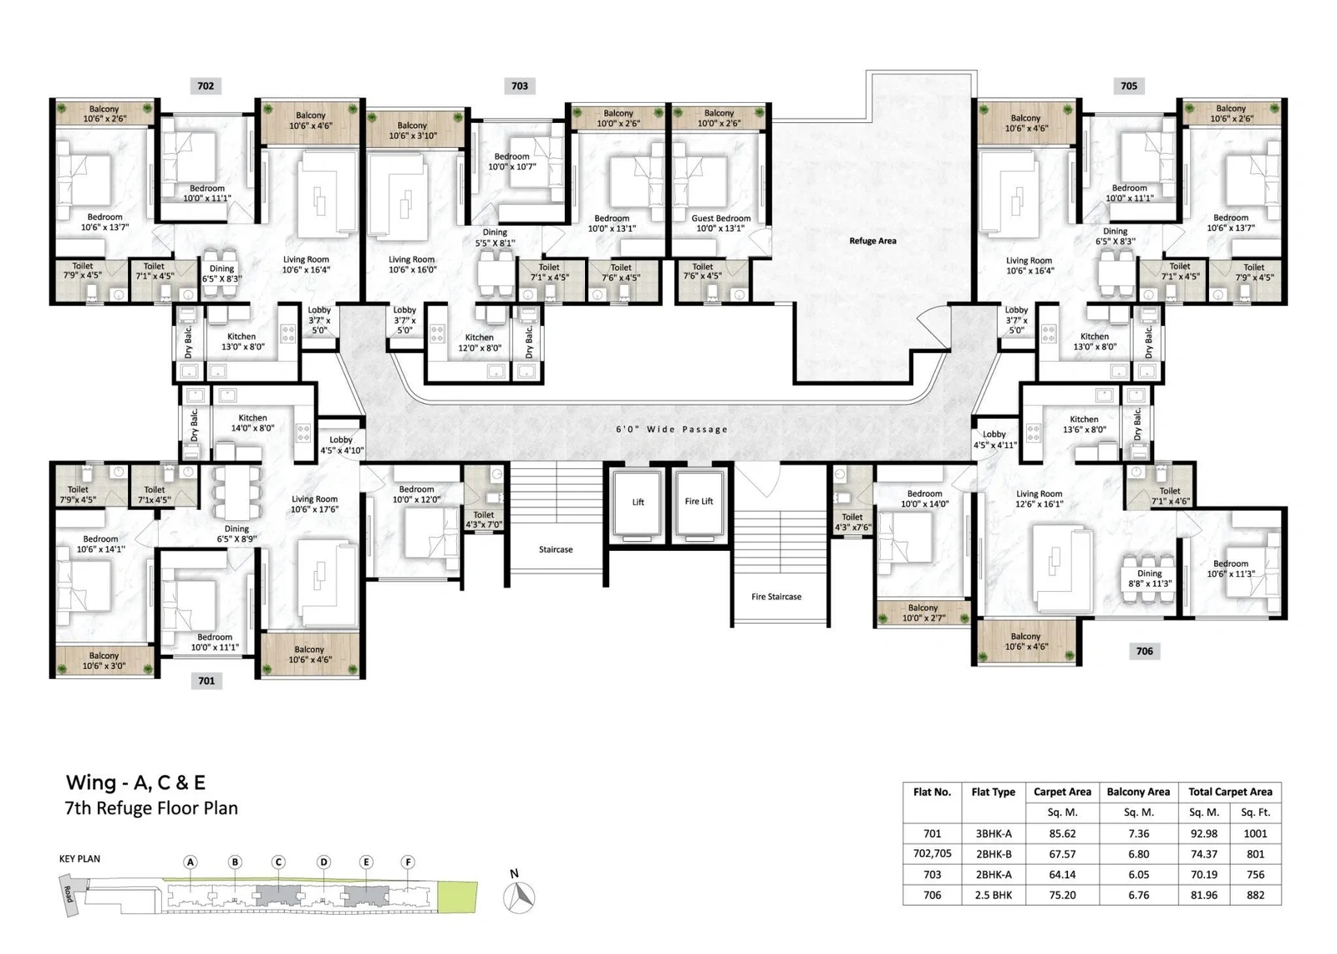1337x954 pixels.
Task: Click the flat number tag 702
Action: [206, 86]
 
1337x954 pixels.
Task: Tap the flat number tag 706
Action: [1144, 651]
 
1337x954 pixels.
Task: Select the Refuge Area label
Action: [872, 241]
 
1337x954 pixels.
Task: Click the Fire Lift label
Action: [699, 501]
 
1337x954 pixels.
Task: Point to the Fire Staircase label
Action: [776, 596]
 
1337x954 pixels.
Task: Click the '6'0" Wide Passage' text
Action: [672, 429]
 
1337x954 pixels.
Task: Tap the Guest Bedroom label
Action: [721, 218]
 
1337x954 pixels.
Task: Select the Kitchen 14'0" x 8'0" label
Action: [252, 423]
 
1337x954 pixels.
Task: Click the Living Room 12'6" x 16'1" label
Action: [1040, 499]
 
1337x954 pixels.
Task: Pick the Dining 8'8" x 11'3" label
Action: [1150, 579]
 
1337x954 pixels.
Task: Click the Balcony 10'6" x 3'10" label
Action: [413, 130]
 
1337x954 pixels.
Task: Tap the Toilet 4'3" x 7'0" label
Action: [484, 520]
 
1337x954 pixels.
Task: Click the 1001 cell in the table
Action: [1255, 834]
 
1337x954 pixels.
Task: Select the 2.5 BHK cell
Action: [994, 895]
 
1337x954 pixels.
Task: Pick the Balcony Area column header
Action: [1138, 792]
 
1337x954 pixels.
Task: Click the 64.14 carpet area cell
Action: [1062, 875]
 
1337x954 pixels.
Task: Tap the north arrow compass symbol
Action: [519, 896]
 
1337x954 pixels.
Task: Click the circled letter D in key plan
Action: [323, 862]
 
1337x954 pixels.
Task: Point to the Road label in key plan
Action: [68, 895]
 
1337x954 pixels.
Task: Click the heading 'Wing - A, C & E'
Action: [135, 782]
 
